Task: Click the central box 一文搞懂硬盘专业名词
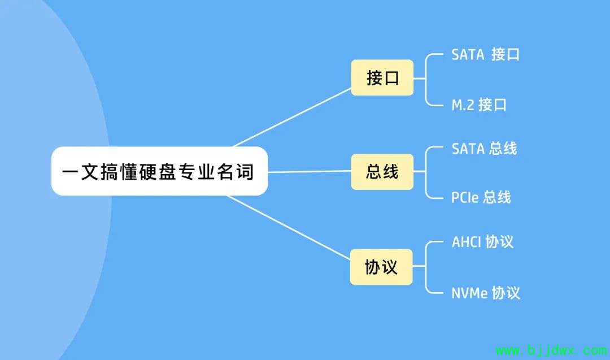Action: tap(159, 171)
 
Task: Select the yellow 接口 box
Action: tap(382, 77)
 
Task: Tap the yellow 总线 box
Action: tap(382, 172)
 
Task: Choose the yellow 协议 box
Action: tap(381, 267)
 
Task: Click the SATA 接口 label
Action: tap(485, 54)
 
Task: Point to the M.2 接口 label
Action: tap(479, 105)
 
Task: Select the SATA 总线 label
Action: tap(485, 149)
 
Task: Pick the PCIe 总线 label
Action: tap(481, 197)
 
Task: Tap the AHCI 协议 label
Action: tap(482, 242)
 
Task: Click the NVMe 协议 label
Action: tap(486, 293)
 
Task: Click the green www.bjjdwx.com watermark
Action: tap(552, 350)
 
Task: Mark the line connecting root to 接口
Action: tap(292, 118)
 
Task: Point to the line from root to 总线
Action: tap(310, 171)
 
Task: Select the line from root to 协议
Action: tap(289, 227)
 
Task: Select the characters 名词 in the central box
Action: tap(236, 172)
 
